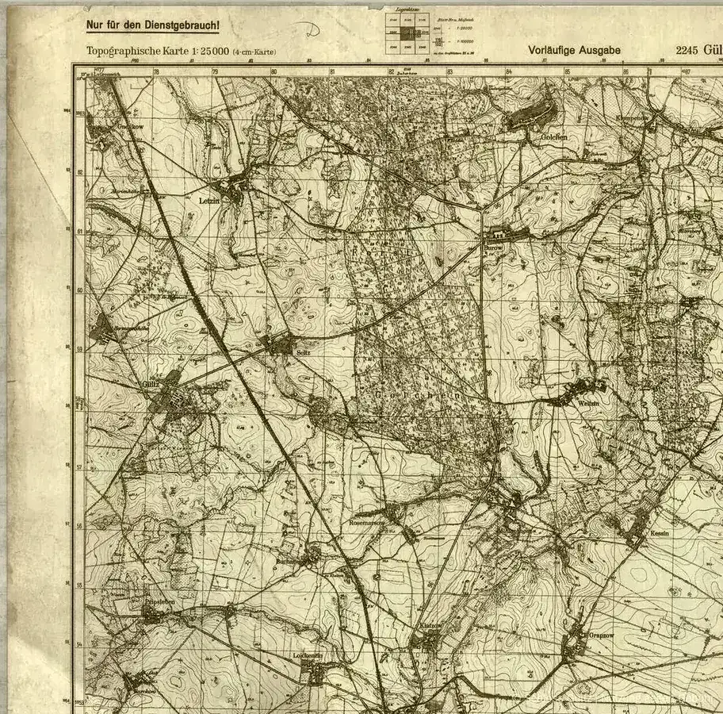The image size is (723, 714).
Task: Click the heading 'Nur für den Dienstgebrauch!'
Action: coord(152,25)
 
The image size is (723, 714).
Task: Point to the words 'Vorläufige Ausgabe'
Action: coord(574,50)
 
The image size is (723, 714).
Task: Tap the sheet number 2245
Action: coord(687,50)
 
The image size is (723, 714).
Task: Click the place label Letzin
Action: coord(208,202)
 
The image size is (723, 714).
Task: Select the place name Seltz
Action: coord(303,351)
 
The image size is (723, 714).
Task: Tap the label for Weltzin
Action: coord(588,402)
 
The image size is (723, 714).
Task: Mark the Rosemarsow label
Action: coord(367,523)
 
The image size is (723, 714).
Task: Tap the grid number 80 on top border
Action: coord(274,71)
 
